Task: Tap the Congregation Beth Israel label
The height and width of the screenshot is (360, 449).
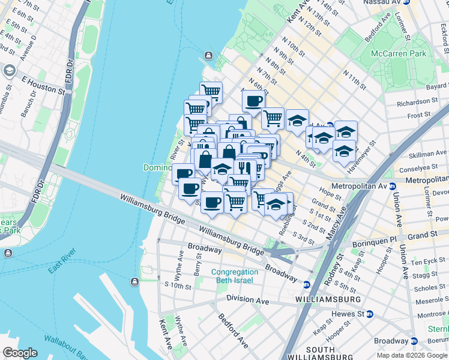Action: point(237,276)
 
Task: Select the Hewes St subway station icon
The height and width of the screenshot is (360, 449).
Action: point(370,314)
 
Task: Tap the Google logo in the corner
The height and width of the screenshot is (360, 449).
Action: point(20,353)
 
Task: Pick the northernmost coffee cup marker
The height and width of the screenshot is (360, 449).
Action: point(253,101)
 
